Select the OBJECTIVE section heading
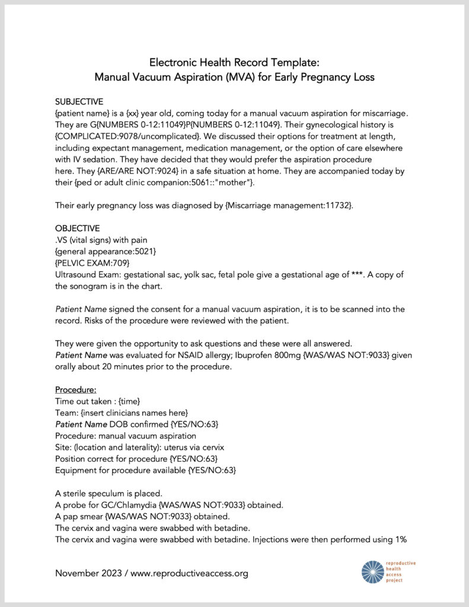pos(77,228)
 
